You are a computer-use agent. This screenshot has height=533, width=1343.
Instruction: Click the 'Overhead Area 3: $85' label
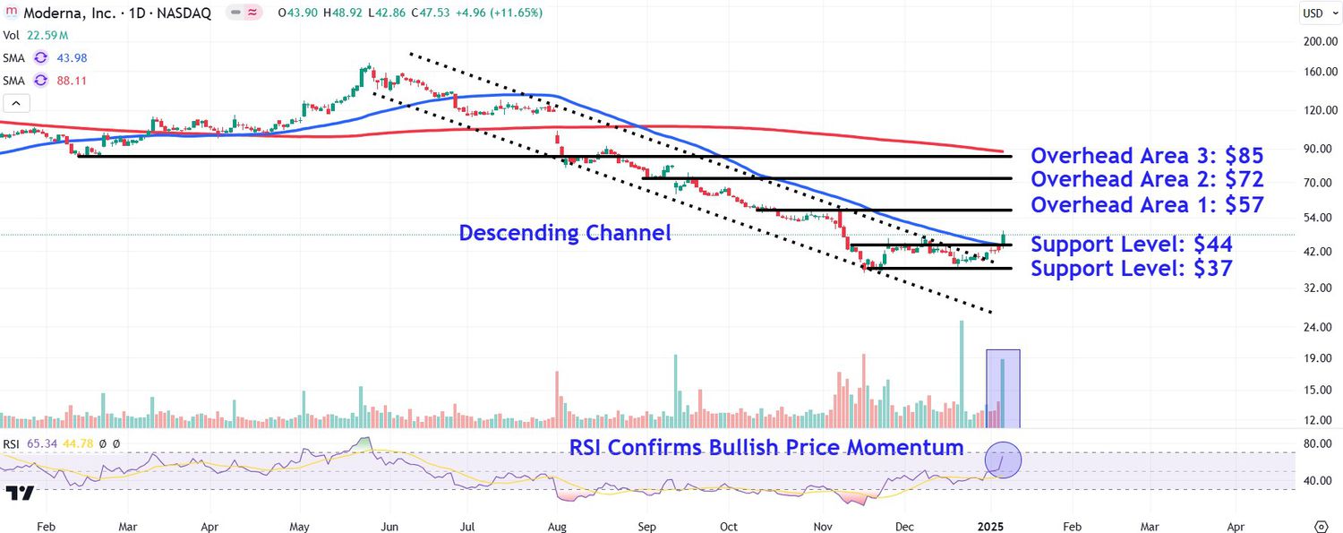(1147, 156)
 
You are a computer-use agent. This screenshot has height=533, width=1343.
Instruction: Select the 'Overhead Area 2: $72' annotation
(1147, 180)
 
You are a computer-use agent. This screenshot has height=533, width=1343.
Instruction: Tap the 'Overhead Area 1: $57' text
(1147, 205)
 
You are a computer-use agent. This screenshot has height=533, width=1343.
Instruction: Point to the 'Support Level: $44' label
(1132, 245)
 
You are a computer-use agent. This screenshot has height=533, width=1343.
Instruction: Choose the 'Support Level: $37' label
(1132, 268)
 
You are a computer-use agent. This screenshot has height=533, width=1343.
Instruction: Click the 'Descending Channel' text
(565, 234)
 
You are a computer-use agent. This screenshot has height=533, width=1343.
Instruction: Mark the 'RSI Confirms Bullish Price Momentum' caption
(766, 447)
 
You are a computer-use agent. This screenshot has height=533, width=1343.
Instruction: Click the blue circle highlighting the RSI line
(1003, 460)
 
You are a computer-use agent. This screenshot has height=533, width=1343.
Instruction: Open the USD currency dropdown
(1313, 13)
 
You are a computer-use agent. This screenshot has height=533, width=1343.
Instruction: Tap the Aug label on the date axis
(556, 527)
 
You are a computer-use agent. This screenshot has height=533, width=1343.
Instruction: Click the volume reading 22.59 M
(47, 35)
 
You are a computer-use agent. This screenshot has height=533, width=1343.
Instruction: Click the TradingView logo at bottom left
(20, 493)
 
